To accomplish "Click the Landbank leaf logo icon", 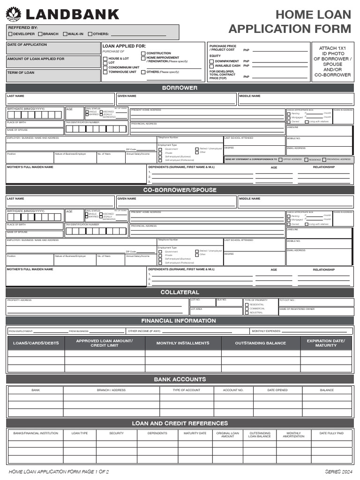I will click(x=13, y=14).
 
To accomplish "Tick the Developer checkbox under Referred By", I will click(x=10, y=34).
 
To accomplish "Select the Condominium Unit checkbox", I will click(x=105, y=67).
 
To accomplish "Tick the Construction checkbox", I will click(x=143, y=53).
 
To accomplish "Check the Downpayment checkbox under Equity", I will click(x=211, y=61).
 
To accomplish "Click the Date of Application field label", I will click(x=27, y=45).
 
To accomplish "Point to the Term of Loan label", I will click(x=21, y=73).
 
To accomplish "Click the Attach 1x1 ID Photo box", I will click(x=332, y=61).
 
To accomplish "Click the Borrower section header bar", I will click(x=180, y=88).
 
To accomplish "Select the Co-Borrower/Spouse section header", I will click(x=180, y=190).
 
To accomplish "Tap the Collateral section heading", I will click(x=180, y=292).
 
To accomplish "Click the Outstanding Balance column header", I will click(x=260, y=343).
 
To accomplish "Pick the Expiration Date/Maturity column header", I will click(x=326, y=343).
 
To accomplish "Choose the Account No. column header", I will click(x=233, y=390).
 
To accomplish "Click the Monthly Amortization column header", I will click(x=293, y=435).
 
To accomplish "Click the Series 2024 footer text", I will click(x=338, y=471).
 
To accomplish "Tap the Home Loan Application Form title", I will click(x=290, y=22).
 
